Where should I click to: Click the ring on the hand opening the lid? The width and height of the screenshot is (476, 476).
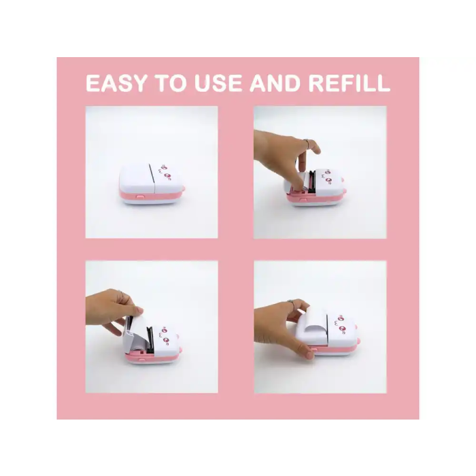307,143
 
